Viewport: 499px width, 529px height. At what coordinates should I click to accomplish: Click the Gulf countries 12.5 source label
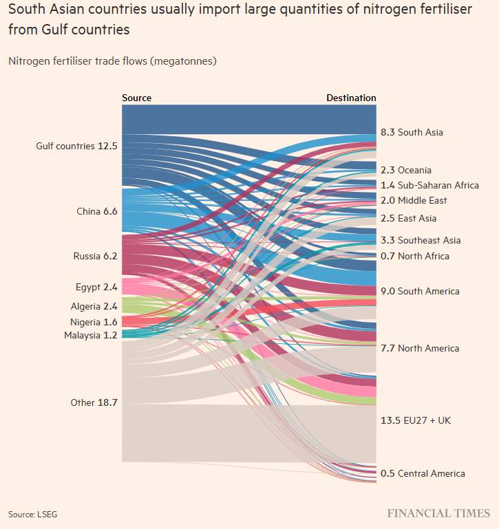click(76, 146)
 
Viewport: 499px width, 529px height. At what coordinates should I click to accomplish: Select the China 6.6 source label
click(97, 211)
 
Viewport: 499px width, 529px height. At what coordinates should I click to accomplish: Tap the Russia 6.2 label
click(96, 256)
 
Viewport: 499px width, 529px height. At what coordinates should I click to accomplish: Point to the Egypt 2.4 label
click(96, 287)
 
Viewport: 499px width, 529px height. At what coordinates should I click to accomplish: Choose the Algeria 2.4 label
click(94, 306)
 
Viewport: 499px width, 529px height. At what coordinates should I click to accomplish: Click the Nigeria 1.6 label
click(94, 322)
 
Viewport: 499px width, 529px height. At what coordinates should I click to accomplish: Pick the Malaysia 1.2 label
click(91, 335)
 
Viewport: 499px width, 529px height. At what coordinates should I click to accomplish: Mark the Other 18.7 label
click(94, 402)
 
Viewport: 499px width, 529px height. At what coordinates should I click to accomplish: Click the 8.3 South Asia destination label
click(412, 132)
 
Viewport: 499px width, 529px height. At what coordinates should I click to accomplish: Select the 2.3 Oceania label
click(406, 170)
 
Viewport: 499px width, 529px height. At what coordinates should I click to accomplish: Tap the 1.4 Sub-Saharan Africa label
click(429, 185)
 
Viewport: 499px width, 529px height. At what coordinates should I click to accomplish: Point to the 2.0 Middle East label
click(414, 200)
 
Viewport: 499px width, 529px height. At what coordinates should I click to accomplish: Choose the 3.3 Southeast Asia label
click(421, 240)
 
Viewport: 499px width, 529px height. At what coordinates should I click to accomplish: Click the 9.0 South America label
click(420, 291)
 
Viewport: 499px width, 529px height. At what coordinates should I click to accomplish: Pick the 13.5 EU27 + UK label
click(416, 420)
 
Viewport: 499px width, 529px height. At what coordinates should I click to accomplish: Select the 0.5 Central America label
click(423, 473)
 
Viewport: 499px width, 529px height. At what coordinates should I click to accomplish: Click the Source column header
click(136, 98)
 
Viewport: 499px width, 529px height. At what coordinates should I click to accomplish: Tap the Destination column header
click(351, 98)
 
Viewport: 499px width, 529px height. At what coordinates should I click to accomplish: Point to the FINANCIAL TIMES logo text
click(438, 513)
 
